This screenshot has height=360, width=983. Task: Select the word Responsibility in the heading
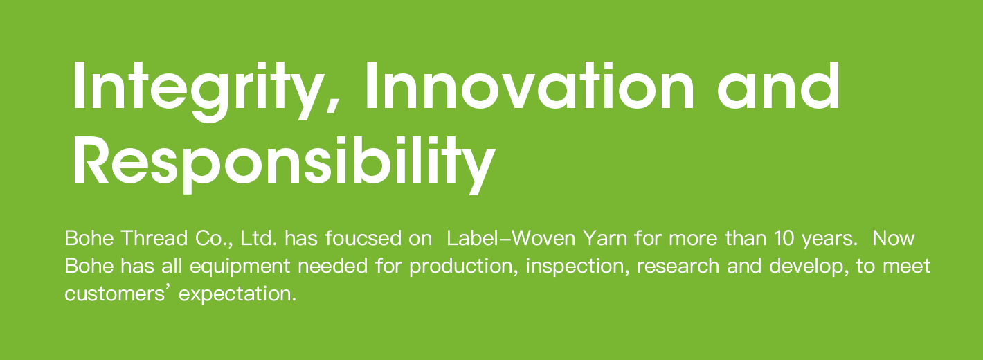click(285, 165)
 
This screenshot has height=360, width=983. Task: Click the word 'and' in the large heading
click(779, 86)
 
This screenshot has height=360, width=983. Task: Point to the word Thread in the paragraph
click(154, 238)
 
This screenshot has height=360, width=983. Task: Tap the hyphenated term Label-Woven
click(511, 238)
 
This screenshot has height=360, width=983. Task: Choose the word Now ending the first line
click(894, 238)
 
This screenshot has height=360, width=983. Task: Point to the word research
click(678, 266)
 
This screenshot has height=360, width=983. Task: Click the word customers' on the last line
click(120, 294)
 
